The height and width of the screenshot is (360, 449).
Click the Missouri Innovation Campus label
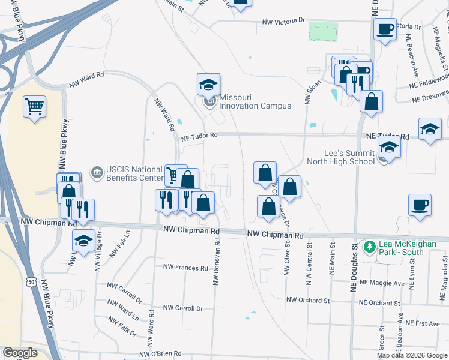click(x=255, y=101)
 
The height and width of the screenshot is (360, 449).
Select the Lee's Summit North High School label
click(x=340, y=157)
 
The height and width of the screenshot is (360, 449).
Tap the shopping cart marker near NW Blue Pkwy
click(x=35, y=107)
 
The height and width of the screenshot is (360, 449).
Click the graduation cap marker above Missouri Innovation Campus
click(x=208, y=85)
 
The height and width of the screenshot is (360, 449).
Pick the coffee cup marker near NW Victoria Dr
click(x=384, y=28)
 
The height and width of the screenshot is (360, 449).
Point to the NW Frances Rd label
click(x=185, y=267)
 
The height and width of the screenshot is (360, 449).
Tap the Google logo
click(x=20, y=353)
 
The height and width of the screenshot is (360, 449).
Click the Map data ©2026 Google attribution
click(x=411, y=355)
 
